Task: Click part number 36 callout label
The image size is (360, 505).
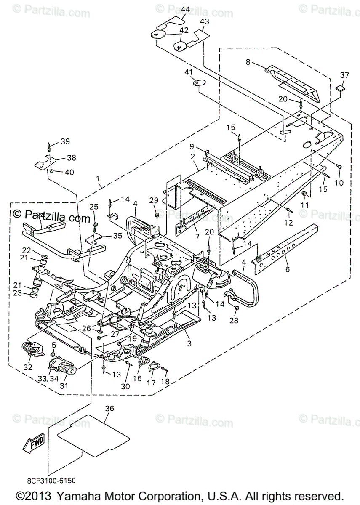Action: (109, 408)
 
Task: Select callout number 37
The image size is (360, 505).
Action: (345, 75)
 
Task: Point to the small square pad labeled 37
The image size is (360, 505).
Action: (340, 89)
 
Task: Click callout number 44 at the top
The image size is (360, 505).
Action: (186, 9)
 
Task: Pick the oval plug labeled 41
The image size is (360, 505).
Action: (199, 83)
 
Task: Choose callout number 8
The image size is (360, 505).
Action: (248, 62)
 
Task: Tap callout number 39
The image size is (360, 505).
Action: (65, 141)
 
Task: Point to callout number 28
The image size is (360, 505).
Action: (233, 321)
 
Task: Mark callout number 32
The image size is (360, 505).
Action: (28, 367)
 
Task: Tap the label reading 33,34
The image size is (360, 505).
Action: (48, 378)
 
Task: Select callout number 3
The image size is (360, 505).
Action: (189, 343)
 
